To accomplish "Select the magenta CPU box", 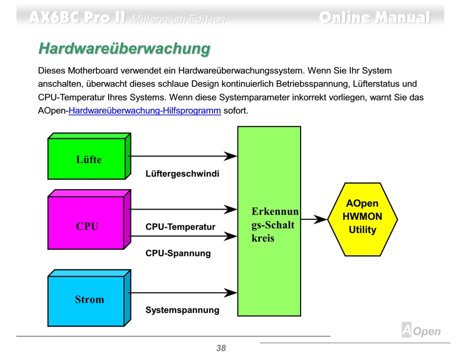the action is [x=87, y=226].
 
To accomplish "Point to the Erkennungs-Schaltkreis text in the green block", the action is [x=275, y=225].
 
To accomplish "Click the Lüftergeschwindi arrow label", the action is [x=182, y=174].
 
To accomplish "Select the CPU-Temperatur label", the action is [x=180, y=227].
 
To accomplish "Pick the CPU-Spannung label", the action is [x=178, y=253].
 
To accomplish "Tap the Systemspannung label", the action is [x=182, y=310].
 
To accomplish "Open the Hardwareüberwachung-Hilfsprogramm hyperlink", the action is [x=144, y=111].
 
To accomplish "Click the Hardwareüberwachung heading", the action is [x=124, y=49].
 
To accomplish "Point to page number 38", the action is [x=221, y=348].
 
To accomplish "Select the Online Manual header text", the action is [x=374, y=18].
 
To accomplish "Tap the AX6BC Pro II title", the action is [x=77, y=18].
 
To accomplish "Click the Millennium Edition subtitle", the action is [x=179, y=20].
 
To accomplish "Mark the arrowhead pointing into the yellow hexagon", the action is [x=320, y=219].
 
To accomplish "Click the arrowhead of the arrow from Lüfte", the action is [x=231, y=156].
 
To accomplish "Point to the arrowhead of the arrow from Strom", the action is [x=231, y=292].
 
